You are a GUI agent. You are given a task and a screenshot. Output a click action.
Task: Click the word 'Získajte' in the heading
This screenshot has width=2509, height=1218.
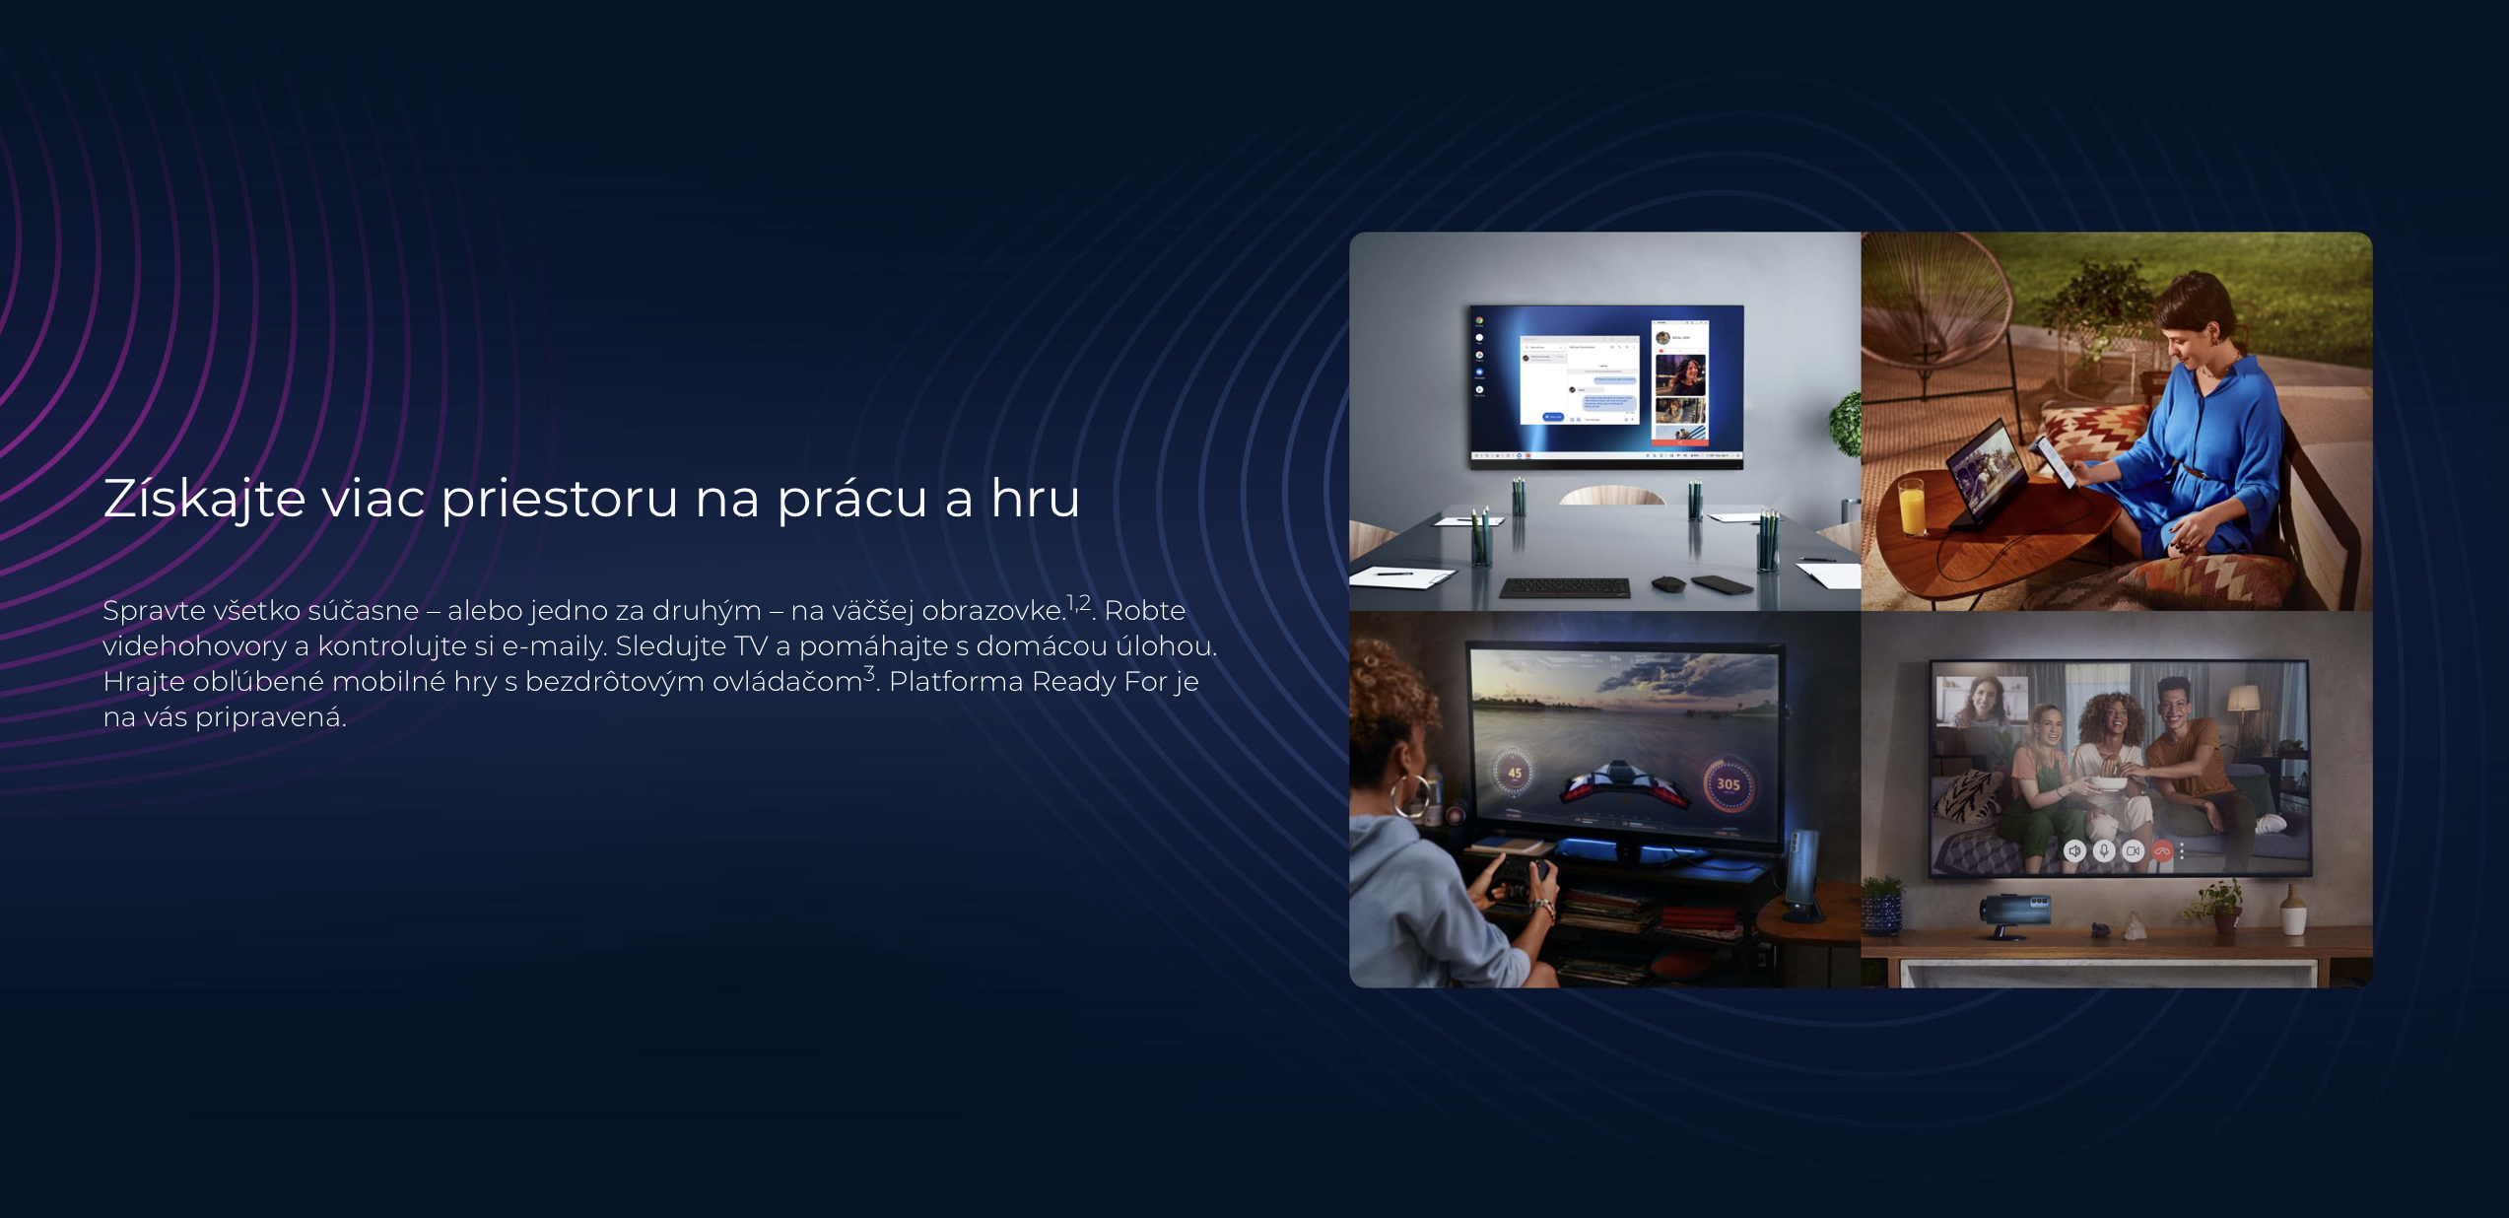[204, 499]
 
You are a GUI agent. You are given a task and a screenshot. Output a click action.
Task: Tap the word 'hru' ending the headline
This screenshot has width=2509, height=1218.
[1036, 498]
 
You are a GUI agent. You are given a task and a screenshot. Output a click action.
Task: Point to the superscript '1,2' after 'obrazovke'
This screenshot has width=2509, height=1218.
[1078, 602]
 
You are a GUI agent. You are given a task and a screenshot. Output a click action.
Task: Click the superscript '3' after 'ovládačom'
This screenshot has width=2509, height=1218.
[869, 674]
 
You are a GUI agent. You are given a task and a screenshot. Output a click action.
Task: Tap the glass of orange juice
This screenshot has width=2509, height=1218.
[1911, 506]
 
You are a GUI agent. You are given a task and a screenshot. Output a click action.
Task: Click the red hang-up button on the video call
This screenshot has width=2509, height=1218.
[2162, 851]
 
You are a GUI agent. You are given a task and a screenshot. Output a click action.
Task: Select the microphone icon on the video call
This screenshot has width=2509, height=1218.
[2104, 851]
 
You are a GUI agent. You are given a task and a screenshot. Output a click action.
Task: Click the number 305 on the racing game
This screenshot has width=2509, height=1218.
[1729, 784]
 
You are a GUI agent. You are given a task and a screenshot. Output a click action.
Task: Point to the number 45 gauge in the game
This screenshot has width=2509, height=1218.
[1515, 774]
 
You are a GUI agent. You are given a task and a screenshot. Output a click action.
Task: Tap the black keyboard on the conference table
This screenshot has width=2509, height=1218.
[1564, 588]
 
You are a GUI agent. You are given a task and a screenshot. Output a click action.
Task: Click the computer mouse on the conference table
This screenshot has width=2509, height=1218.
[1667, 584]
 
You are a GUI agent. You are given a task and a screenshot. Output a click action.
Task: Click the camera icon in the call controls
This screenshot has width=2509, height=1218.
[2133, 851]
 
